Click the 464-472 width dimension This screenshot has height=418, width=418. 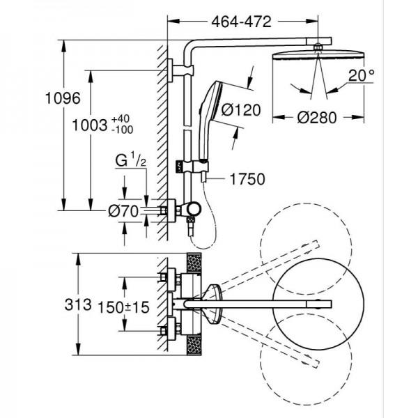241,22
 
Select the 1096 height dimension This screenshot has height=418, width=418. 63,98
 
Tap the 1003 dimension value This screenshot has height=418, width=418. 90,125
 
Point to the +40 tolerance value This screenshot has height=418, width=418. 121,118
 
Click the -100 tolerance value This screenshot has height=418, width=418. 123,130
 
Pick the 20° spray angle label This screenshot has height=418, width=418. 361,75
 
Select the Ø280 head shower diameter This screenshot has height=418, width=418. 317,118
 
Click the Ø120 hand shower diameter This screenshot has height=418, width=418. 241,110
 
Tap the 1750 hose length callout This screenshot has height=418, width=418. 247,179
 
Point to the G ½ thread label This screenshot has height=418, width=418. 131,160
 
